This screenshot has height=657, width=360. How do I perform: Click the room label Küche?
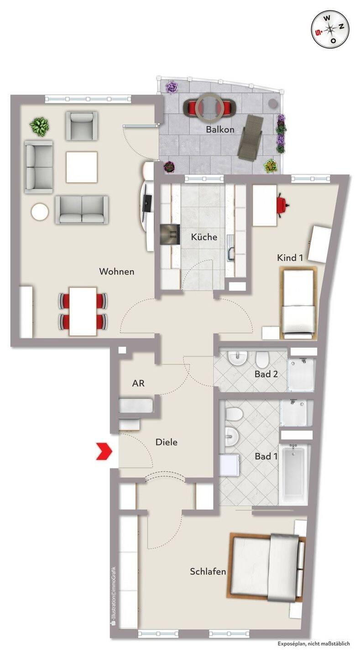(204, 237)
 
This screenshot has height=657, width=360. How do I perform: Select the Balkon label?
(220, 129)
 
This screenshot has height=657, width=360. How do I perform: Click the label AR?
(139, 383)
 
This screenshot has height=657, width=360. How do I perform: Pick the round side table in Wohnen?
(40, 212)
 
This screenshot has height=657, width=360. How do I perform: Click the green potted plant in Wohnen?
(39, 126)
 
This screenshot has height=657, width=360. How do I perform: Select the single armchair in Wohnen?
(82, 126)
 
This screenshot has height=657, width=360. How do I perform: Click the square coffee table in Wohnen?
(82, 167)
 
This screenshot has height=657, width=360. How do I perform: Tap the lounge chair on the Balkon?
(250, 137)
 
